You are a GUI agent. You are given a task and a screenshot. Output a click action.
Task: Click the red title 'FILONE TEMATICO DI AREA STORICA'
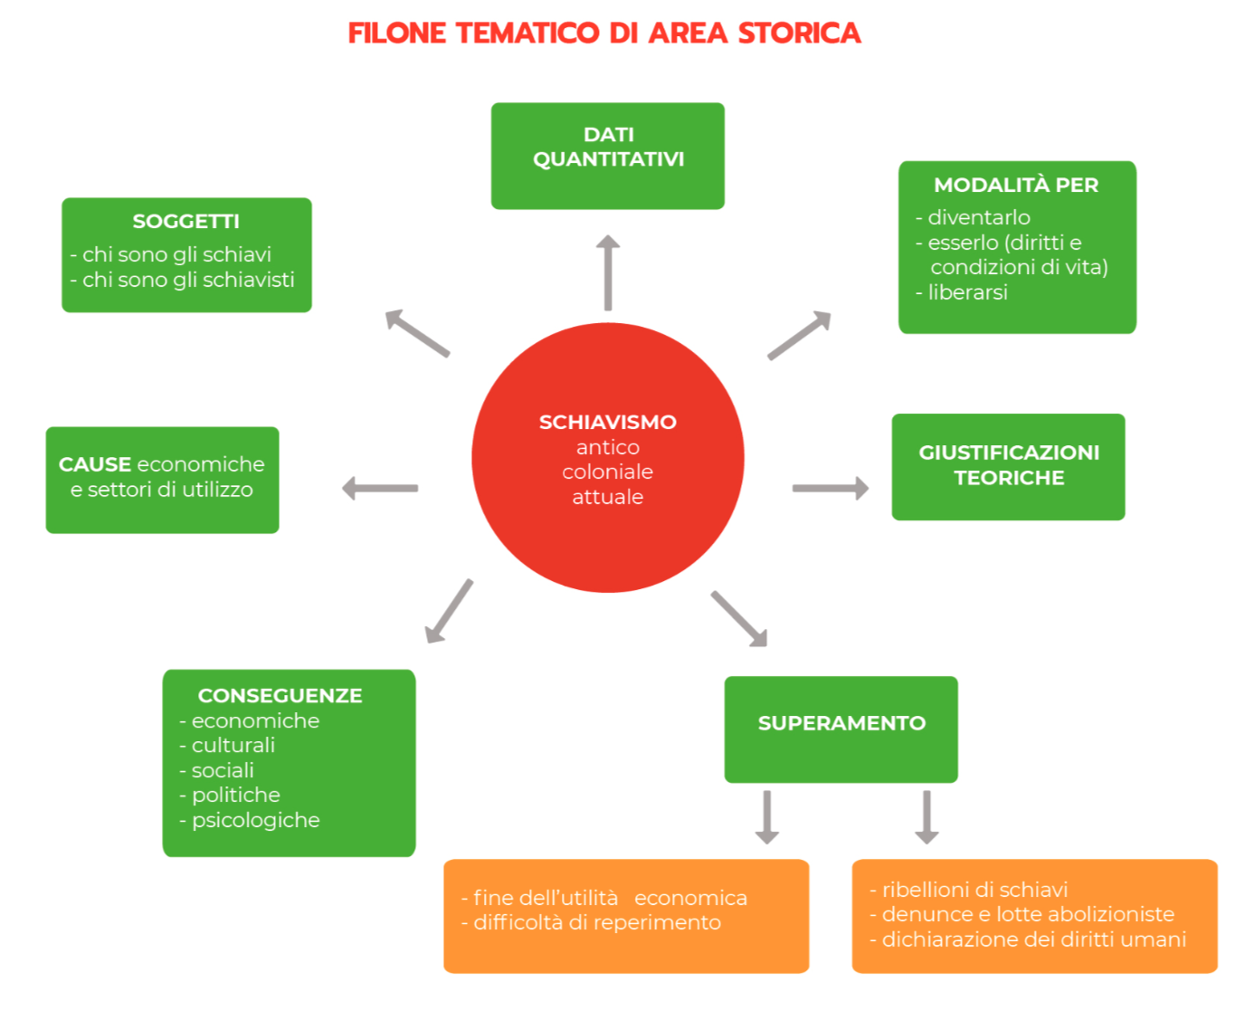pyautogui.click(x=604, y=33)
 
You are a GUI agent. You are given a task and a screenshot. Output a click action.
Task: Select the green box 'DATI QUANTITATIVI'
pyautogui.click(x=608, y=156)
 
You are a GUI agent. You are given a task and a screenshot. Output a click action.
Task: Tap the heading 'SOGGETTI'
pyautogui.click(x=186, y=222)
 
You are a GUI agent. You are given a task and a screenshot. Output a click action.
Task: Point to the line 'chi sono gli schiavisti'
pyautogui.click(x=188, y=281)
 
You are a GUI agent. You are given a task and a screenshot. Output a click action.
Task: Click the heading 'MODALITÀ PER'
pyautogui.click(x=1016, y=186)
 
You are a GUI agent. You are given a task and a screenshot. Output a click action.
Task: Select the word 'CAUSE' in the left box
pyautogui.click(x=95, y=465)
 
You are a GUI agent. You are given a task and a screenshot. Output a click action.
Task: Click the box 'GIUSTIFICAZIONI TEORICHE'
pyautogui.click(x=1008, y=466)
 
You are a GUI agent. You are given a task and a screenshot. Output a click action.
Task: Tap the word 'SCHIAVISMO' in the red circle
pyautogui.click(x=608, y=423)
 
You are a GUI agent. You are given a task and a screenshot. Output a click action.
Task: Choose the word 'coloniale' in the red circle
pyautogui.click(x=608, y=472)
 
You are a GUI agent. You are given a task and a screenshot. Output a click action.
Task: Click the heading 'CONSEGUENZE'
pyautogui.click(x=280, y=696)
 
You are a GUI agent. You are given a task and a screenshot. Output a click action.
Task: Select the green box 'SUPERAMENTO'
pyautogui.click(x=841, y=728)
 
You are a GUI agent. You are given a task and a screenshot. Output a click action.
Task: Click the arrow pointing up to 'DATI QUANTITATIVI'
pyautogui.click(x=608, y=272)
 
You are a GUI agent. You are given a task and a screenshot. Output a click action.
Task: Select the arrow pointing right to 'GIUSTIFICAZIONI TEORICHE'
pyautogui.click(x=830, y=489)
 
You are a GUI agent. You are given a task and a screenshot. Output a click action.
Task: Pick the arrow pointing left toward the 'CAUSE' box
pyautogui.click(x=380, y=489)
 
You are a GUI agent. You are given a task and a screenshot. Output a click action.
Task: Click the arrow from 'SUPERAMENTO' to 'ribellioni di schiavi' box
pyautogui.click(x=926, y=816)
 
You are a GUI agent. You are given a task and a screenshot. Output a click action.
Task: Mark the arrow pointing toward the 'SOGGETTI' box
pyautogui.click(x=417, y=333)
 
